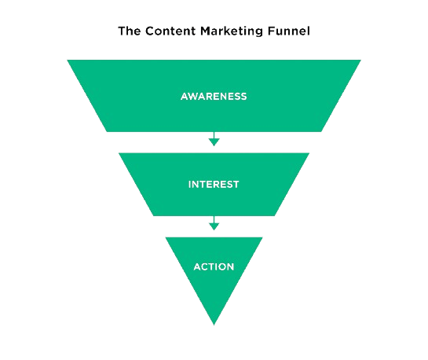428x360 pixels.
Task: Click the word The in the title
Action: [129, 31]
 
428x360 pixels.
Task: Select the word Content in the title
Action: [170, 31]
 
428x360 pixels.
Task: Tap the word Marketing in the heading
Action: [232, 31]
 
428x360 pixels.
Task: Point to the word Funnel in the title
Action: [288, 31]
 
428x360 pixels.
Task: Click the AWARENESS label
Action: [214, 97]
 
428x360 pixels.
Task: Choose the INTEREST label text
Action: [214, 185]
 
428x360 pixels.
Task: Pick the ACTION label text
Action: [214, 266]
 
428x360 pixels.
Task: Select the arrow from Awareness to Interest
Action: [214, 139]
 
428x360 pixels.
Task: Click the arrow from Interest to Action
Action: [214, 223]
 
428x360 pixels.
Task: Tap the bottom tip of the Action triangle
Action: [214, 325]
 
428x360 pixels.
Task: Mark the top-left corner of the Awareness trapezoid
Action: [68, 60]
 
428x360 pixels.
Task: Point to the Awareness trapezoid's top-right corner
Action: [360, 60]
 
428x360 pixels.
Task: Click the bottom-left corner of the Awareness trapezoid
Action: [107, 131]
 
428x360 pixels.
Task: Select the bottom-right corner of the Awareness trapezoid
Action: [321, 131]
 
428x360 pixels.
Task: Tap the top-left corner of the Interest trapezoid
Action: [119, 153]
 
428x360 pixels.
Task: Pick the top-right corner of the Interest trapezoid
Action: [309, 153]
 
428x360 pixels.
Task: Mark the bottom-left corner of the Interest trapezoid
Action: [153, 216]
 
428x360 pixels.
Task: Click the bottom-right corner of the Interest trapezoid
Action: [275, 216]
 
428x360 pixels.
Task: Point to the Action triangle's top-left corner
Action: [165, 237]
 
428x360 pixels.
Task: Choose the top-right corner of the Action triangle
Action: [263, 237]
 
